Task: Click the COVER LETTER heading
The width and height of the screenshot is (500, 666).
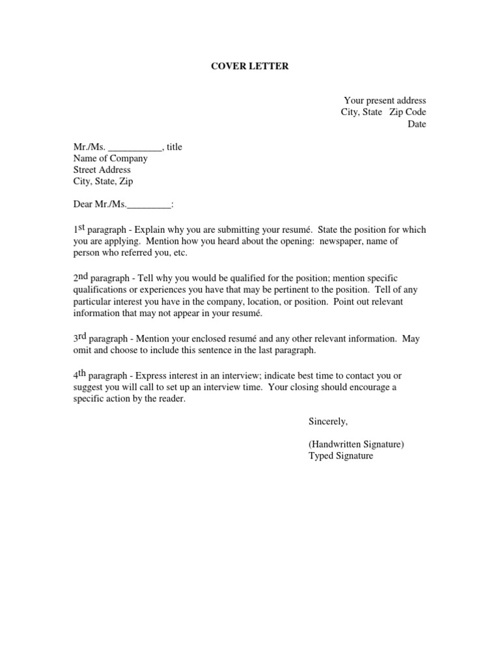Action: tap(250, 66)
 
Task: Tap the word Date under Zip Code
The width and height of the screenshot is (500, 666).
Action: tap(417, 124)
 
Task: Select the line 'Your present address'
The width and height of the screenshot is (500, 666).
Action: tap(385, 100)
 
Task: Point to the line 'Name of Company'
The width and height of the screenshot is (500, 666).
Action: tap(110, 158)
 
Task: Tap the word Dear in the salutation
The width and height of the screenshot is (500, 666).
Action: tap(83, 205)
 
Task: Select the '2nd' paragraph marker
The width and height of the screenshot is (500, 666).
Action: tap(80, 276)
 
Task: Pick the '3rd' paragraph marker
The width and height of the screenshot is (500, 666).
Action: tap(79, 338)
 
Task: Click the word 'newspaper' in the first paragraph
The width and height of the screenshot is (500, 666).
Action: tap(344, 241)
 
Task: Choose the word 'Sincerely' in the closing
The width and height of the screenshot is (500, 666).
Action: tap(328, 421)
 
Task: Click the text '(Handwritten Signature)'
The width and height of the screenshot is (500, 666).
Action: tap(356, 444)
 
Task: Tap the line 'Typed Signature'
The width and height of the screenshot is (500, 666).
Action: tap(340, 456)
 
